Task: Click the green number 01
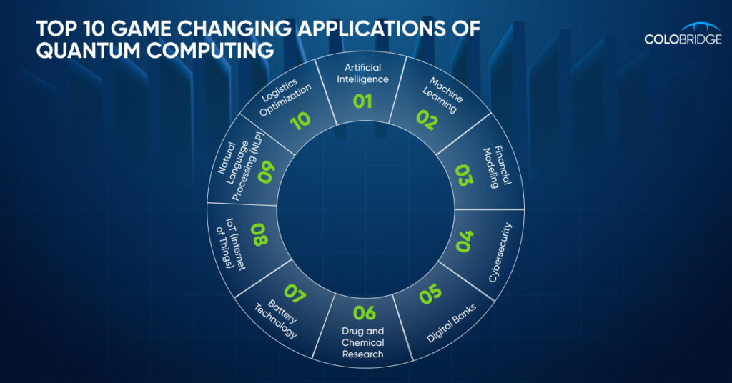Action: point(362,101)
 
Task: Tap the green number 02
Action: point(427,120)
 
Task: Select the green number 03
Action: point(463,175)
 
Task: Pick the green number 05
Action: point(430,294)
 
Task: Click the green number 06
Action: point(364,312)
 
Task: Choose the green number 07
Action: point(295,294)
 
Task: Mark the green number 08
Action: point(259,234)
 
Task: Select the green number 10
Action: point(300,121)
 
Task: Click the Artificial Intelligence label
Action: point(362,73)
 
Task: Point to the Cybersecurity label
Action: point(500,252)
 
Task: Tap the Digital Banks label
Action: point(451,323)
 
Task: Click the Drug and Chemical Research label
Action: point(362,342)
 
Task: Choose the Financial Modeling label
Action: point(497,166)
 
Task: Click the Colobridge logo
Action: point(683,34)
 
